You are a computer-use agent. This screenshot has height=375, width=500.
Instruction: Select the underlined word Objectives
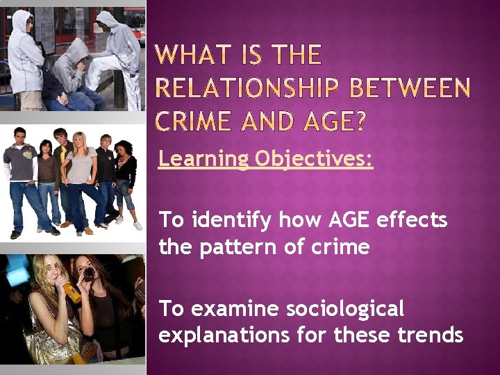314,160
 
